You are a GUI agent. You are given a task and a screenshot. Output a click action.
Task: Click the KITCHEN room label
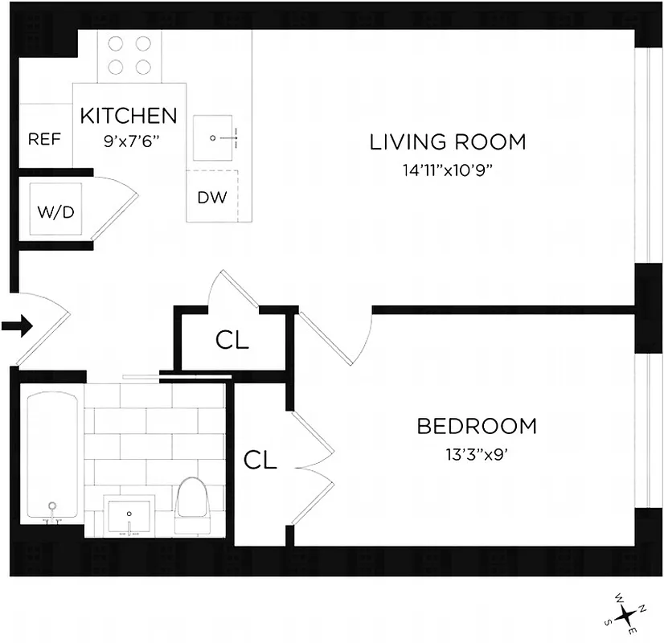click(129, 115)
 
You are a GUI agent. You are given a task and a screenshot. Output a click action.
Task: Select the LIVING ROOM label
click(448, 142)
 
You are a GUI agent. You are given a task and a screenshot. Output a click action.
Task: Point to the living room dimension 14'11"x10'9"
click(448, 170)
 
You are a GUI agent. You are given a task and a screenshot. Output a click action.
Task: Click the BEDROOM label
click(476, 426)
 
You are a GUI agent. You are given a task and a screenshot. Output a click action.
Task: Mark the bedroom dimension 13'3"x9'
click(476, 453)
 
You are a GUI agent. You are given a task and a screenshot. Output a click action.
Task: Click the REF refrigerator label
click(44, 139)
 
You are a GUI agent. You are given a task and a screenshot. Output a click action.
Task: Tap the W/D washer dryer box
click(56, 211)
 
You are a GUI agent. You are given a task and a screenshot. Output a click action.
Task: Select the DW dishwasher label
click(212, 198)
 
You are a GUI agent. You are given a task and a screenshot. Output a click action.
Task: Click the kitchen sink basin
click(216, 138)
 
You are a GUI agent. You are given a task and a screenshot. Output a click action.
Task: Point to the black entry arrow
click(16, 326)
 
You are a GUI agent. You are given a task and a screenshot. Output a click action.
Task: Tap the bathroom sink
click(129, 514)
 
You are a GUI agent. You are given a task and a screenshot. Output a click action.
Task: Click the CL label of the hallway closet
click(232, 341)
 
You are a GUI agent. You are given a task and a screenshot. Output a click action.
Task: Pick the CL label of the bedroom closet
click(260, 460)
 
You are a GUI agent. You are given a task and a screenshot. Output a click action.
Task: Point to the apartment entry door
click(40, 330)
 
